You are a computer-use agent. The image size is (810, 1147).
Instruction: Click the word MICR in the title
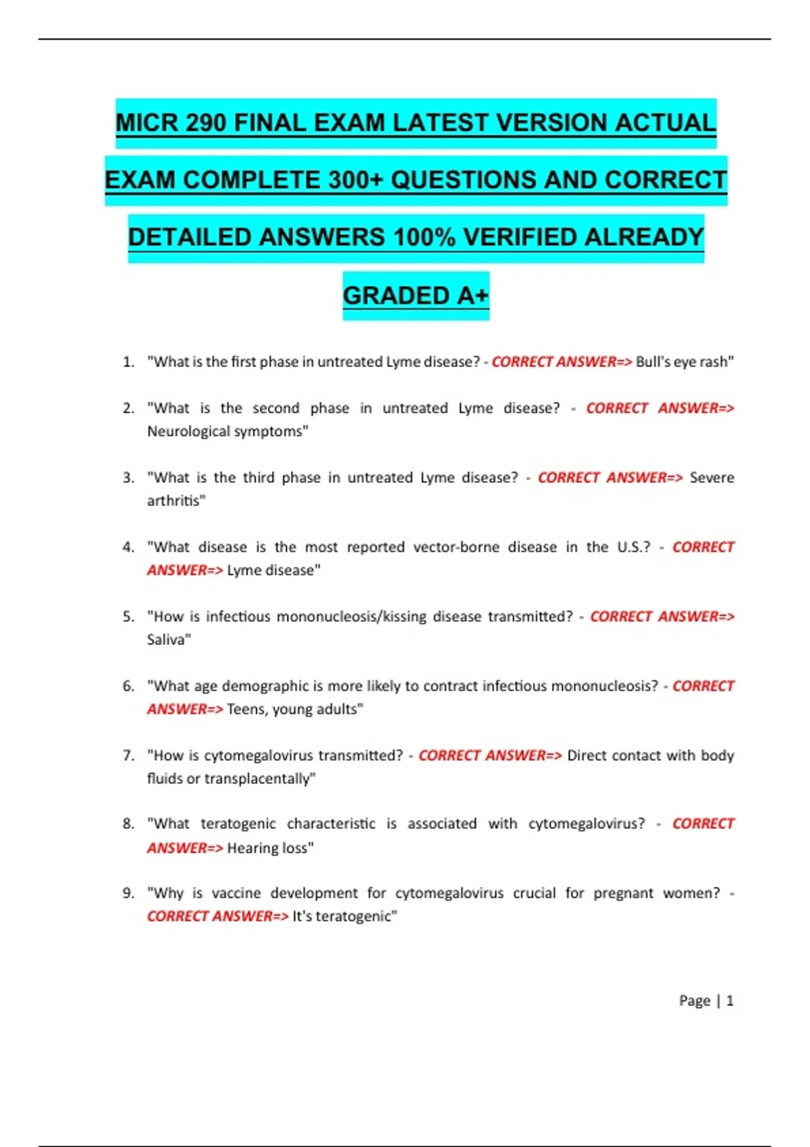(x=146, y=123)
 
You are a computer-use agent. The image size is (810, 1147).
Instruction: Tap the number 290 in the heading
(x=205, y=123)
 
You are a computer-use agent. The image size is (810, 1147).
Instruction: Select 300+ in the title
(x=356, y=180)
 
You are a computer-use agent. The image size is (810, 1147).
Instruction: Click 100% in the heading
(x=423, y=237)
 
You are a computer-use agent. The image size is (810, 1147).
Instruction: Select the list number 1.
(x=128, y=362)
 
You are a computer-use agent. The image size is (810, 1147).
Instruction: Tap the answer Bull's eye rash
(x=684, y=362)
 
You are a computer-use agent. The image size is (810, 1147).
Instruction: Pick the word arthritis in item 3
(x=175, y=501)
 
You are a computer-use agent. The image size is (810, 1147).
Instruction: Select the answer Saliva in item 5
(x=168, y=640)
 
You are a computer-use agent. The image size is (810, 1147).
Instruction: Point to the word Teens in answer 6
(x=246, y=709)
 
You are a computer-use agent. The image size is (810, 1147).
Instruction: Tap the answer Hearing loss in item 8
(x=269, y=848)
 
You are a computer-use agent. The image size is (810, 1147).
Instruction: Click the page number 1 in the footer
(x=730, y=1001)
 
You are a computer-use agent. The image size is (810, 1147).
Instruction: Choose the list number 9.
(x=128, y=893)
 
